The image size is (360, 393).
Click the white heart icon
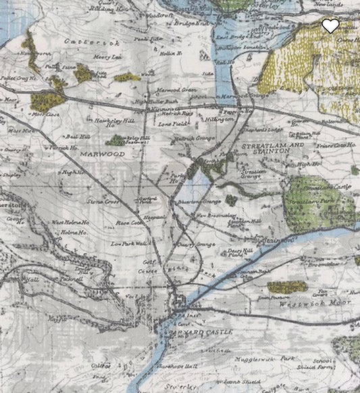click(x=330, y=26)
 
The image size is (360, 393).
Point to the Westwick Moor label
click(x=303, y=305)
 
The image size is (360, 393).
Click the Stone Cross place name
click(x=102, y=201)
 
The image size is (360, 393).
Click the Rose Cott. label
click(x=130, y=222)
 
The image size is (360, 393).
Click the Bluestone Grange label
click(x=200, y=202)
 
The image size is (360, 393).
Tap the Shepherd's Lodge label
click(x=264, y=131)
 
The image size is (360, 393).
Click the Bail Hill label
click(x=80, y=136)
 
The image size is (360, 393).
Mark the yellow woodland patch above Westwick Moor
click(x=287, y=287)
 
